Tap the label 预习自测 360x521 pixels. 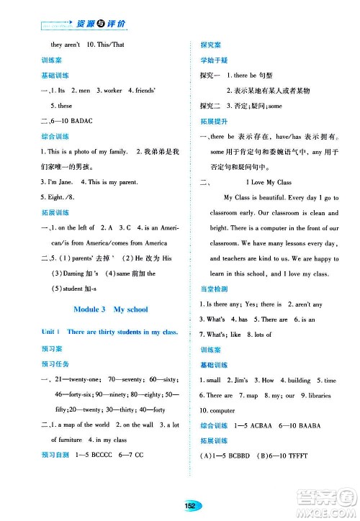click(x=58, y=456)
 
